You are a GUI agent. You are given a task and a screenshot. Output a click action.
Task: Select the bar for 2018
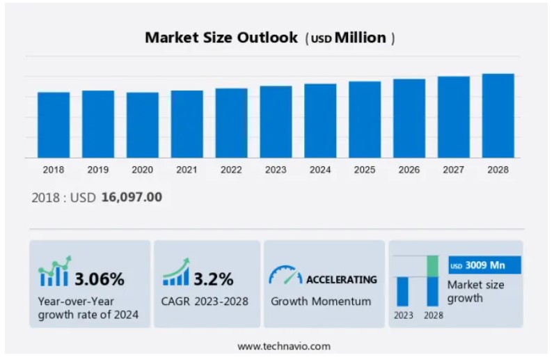coord(54,125)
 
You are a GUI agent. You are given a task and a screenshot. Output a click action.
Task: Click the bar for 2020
coord(143,125)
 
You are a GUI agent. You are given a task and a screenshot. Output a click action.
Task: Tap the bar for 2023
coord(276,122)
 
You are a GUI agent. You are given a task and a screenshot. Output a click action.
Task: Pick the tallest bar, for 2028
coord(498,116)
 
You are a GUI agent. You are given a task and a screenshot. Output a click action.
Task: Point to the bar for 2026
coord(409,118)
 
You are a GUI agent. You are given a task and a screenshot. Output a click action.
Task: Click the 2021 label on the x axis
coord(187,170)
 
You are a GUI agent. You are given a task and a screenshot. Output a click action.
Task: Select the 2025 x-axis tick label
coord(365,170)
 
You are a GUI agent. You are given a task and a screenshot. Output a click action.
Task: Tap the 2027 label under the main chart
coord(454,170)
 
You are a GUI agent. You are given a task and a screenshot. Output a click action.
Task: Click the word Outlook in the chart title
coord(267,38)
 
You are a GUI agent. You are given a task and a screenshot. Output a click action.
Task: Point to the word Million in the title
coord(361,38)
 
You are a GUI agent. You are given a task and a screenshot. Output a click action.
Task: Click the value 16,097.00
coord(132,197)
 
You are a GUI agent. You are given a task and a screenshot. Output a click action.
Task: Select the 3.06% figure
coord(100,279)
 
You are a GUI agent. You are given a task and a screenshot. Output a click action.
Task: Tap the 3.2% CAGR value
coord(214,279)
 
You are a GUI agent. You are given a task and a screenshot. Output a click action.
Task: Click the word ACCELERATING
coord(342,280)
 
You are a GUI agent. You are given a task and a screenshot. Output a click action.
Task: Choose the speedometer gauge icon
coord(285,275)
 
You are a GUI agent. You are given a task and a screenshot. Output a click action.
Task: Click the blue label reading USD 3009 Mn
coord(484,265)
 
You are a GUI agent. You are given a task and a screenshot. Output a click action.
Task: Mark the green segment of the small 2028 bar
coord(433,266)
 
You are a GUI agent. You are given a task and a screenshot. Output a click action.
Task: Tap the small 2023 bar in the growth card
coord(403,291)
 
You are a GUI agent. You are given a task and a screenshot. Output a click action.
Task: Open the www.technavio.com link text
coord(284,346)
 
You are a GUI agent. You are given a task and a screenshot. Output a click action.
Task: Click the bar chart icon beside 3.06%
coord(55,272)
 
